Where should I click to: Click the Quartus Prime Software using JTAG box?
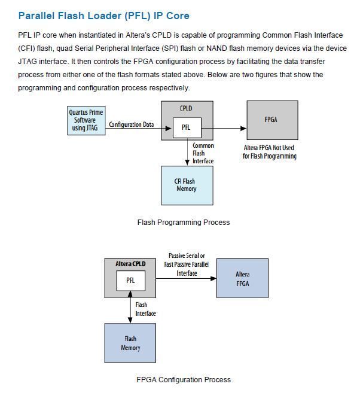[86, 120]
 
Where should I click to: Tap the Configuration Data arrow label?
[131, 124]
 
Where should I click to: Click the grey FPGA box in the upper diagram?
[271, 120]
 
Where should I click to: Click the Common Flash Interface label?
[203, 153]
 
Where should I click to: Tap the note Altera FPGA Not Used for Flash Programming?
[269, 152]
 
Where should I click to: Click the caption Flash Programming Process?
[184, 223]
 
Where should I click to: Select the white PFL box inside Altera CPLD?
[130, 280]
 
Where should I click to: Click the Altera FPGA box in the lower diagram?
[242, 279]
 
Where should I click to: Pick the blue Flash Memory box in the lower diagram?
[130, 343]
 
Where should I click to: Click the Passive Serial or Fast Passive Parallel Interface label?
[187, 264]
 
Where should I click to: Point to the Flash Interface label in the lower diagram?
[145, 309]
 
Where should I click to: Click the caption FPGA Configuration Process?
[184, 379]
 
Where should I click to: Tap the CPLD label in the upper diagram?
[186, 109]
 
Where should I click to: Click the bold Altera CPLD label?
[130, 264]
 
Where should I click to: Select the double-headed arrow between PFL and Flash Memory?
[130, 307]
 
